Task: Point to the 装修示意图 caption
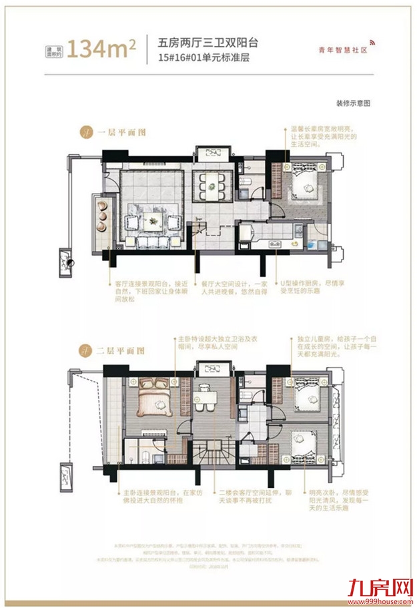click(x=353, y=104)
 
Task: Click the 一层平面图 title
click(x=120, y=132)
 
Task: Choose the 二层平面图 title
click(x=120, y=350)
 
